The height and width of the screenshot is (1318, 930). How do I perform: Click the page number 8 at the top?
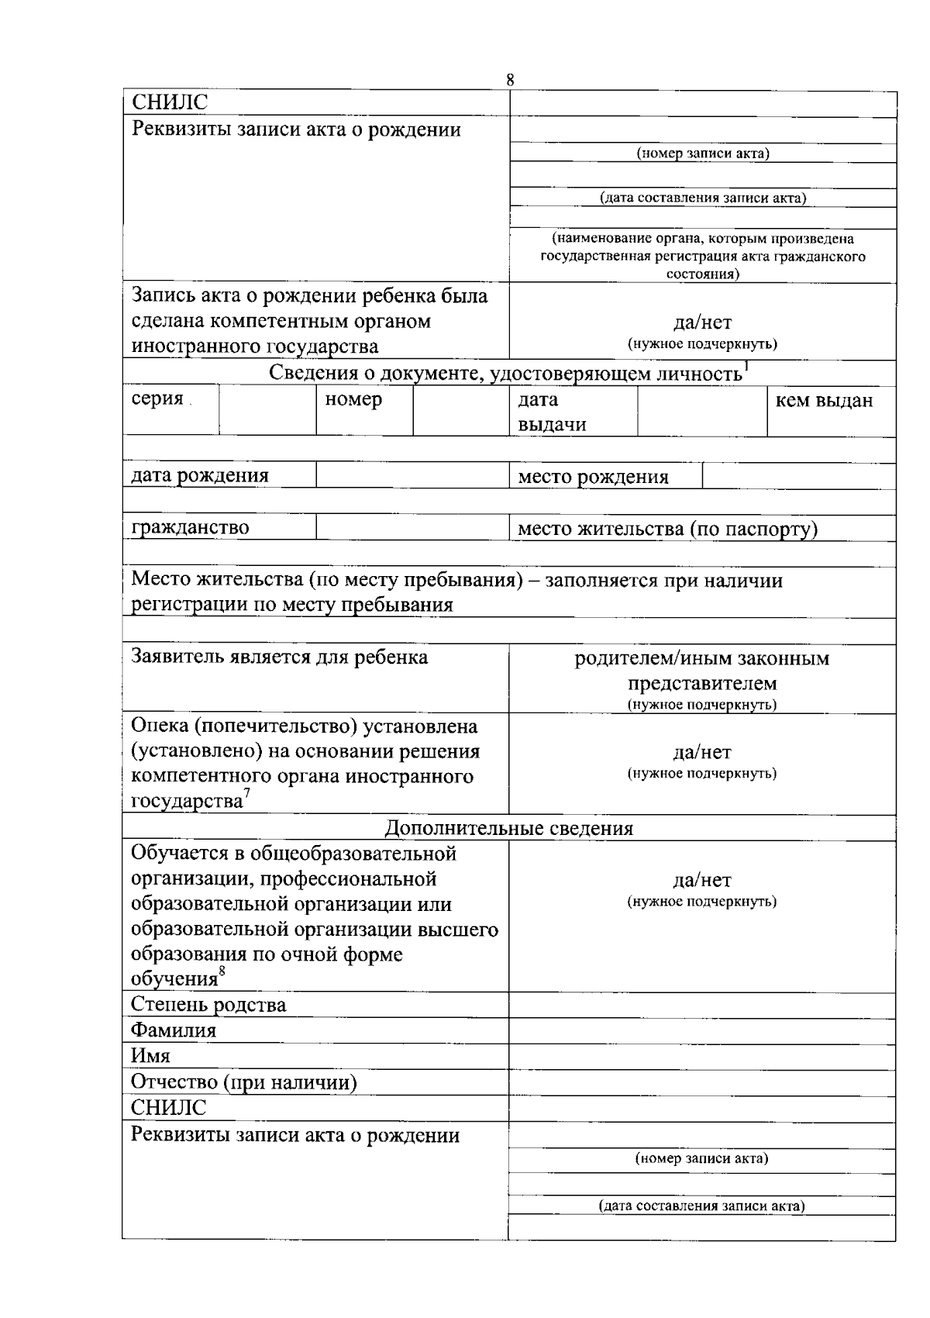[x=509, y=80]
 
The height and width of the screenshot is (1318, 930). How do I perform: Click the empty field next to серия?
[x=267, y=411]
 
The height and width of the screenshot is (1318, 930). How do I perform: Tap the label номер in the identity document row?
[x=353, y=400]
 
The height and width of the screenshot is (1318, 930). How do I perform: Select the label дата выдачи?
[x=552, y=412]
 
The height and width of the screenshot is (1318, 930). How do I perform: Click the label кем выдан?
[x=824, y=400]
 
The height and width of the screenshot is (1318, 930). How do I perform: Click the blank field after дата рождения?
[x=412, y=475]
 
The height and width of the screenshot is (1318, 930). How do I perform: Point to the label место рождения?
[x=593, y=477]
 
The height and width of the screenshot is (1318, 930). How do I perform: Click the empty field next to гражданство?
[x=412, y=527]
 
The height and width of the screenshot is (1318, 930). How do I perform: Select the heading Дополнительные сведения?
[x=509, y=828]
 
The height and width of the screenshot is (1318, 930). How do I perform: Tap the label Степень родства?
[x=208, y=1005]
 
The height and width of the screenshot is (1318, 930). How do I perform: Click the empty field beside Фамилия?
[x=701, y=1030]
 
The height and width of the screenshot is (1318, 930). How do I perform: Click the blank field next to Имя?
[x=701, y=1056]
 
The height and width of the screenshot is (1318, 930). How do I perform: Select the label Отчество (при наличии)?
[x=243, y=1082]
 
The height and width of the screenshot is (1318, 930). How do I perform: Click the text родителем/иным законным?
[x=701, y=659]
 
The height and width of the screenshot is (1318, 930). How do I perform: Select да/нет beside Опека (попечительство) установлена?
[x=701, y=752]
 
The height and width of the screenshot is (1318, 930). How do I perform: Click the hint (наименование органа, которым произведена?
[x=702, y=240]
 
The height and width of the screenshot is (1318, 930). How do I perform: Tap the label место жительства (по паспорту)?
[x=667, y=529]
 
